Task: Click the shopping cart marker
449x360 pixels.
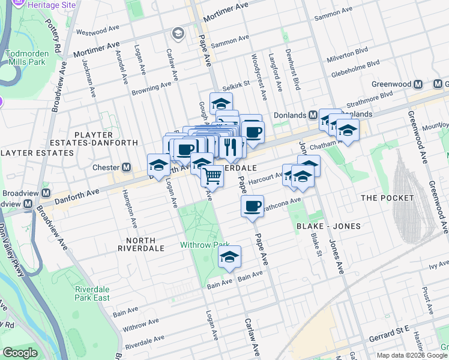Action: (212, 176)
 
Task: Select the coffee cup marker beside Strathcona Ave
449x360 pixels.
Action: (252, 206)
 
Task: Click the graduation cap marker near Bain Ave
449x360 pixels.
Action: (229, 257)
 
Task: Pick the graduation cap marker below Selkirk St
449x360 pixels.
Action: (221, 103)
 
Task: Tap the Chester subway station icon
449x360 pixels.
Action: (127, 167)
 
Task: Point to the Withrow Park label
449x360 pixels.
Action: (205, 245)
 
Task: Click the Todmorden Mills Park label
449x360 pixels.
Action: (26, 57)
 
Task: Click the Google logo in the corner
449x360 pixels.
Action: (20, 353)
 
